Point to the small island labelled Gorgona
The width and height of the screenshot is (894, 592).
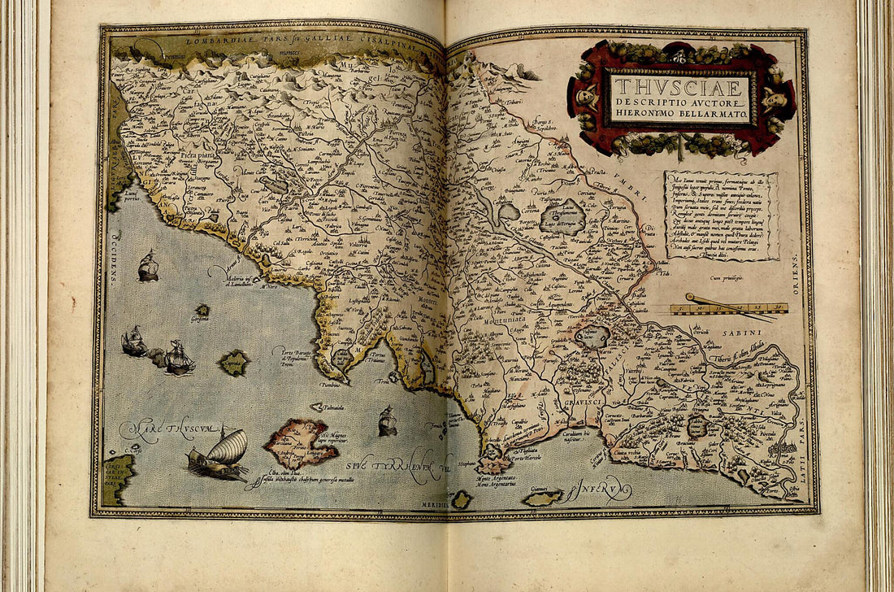click(x=202, y=311)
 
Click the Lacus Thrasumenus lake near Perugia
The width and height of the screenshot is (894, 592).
click(x=562, y=217)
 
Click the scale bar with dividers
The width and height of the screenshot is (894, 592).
click(x=729, y=307)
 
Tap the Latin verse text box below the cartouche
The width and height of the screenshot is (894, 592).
click(x=720, y=215)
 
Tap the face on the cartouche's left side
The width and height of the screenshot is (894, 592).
click(x=585, y=97)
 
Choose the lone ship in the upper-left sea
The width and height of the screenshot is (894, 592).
click(x=148, y=267)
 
